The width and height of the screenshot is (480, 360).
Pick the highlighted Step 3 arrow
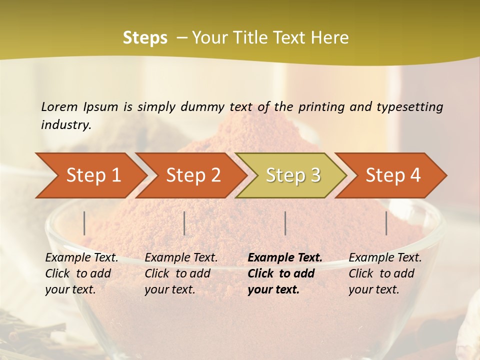coord(292,175)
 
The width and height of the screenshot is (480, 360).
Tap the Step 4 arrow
coord(392,175)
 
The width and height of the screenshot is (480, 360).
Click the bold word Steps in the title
coord(145,38)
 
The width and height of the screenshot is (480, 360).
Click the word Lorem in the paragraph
coord(59,106)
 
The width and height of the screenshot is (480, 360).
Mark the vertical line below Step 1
coord(84,223)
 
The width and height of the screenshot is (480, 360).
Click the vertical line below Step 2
coord(184,223)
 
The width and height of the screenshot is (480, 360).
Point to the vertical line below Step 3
coord(285,223)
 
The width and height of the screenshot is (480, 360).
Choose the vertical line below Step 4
coord(386,223)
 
